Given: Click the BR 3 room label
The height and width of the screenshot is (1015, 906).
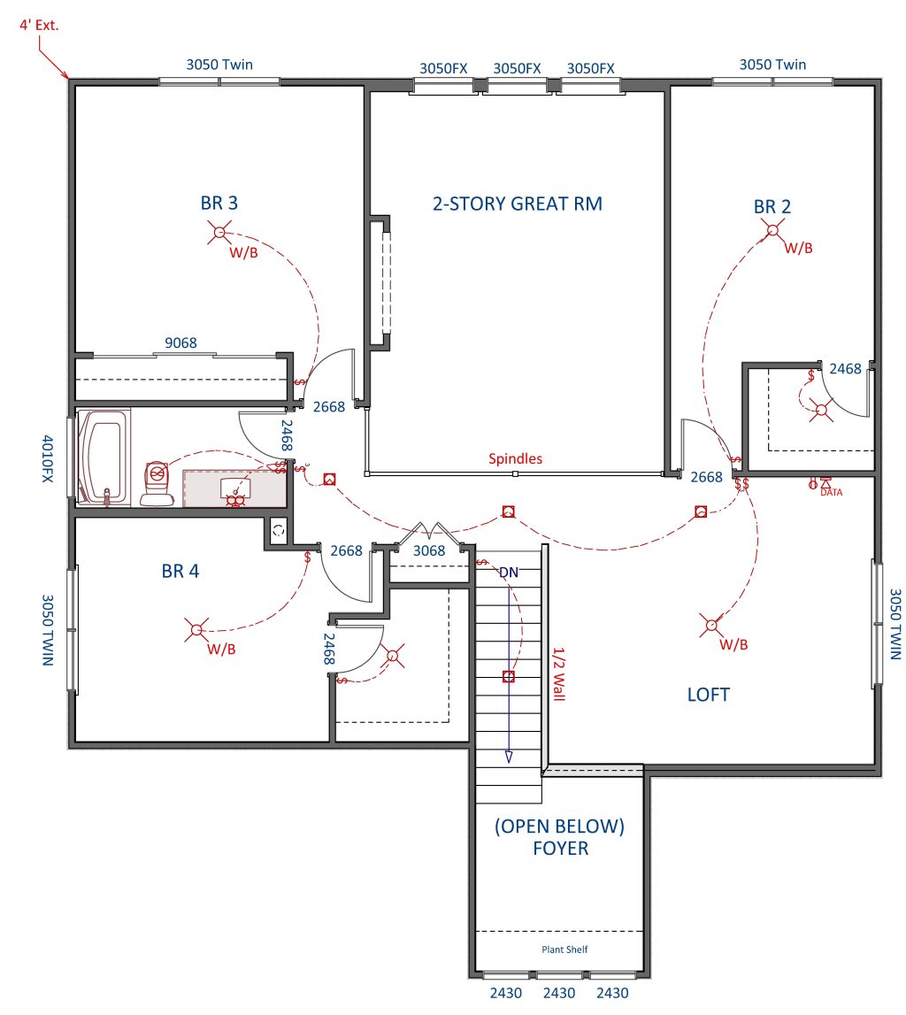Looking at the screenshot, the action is pyautogui.click(x=219, y=204).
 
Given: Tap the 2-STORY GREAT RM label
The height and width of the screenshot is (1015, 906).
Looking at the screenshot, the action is pyautogui.click(x=518, y=204).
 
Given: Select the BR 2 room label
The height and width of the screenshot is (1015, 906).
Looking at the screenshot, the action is pyautogui.click(x=772, y=206).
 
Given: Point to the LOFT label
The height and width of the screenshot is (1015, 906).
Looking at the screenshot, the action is pyautogui.click(x=709, y=695).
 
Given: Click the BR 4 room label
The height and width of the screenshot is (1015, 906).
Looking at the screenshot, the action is pyautogui.click(x=180, y=571).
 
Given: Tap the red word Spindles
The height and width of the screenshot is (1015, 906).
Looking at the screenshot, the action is pyautogui.click(x=515, y=459).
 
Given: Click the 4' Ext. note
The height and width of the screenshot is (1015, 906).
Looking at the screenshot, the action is pyautogui.click(x=39, y=26).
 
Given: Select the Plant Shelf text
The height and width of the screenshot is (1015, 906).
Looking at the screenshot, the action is pyautogui.click(x=565, y=950).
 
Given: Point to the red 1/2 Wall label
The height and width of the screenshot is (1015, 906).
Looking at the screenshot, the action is pyautogui.click(x=559, y=673).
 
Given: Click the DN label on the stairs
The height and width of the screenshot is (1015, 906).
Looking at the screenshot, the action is pyautogui.click(x=509, y=573).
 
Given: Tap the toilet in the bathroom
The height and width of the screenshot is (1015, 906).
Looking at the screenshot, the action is pyautogui.click(x=157, y=483).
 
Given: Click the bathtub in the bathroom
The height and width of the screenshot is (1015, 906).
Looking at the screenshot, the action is pyautogui.click(x=104, y=457).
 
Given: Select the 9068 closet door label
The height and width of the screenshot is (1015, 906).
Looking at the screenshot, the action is pyautogui.click(x=180, y=342).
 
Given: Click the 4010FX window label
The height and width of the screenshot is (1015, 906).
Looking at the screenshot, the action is pyautogui.click(x=48, y=458).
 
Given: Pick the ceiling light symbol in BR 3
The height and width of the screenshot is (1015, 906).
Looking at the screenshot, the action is pyautogui.click(x=219, y=232).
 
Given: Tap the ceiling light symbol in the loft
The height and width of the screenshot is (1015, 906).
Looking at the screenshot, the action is pyautogui.click(x=712, y=625).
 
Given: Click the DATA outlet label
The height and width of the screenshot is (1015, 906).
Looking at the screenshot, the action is pyautogui.click(x=832, y=493).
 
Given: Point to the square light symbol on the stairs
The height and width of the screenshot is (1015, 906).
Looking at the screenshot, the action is pyautogui.click(x=509, y=676).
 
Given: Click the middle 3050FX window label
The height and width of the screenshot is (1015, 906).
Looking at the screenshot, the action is pyautogui.click(x=517, y=69).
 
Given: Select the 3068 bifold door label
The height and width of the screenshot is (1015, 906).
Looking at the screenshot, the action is pyautogui.click(x=429, y=551).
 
